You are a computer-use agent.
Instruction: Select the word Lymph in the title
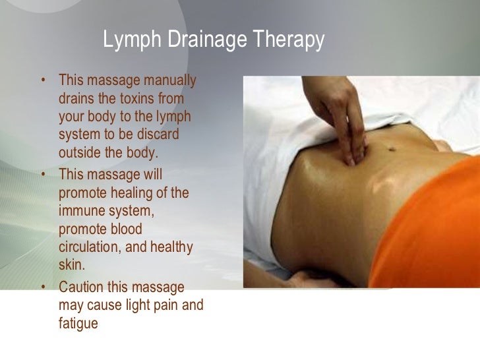(x=131, y=41)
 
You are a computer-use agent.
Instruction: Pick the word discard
(x=158, y=135)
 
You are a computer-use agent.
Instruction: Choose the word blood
(x=123, y=229)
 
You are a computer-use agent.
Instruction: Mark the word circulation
(x=88, y=247)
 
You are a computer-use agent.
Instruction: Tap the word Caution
(x=82, y=288)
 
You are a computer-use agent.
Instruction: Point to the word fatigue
(x=78, y=324)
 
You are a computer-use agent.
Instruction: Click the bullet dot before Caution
(x=44, y=288)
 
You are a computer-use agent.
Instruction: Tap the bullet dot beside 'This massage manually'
(x=44, y=81)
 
